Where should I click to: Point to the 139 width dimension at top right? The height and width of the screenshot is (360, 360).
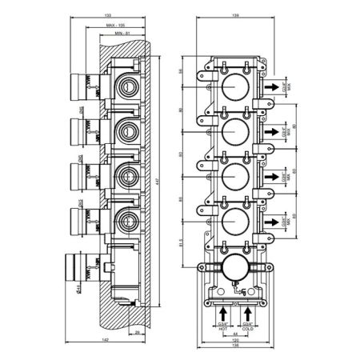(x=234, y=14)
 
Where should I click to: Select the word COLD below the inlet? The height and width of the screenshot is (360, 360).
(x=250, y=328)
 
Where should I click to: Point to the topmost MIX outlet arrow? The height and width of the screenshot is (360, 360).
(x=272, y=83)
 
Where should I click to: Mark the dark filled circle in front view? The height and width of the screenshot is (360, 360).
(x=234, y=270)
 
